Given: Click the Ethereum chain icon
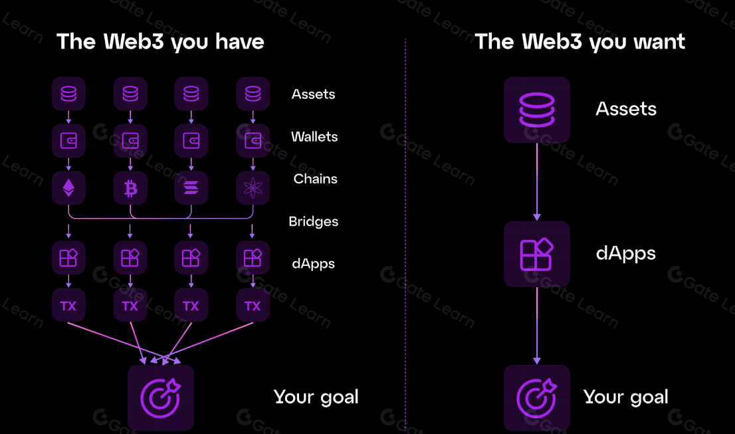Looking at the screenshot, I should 68,189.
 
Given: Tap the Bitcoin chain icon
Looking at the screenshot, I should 130,189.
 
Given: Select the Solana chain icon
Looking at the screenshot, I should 191,189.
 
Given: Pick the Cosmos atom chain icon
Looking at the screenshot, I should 253,189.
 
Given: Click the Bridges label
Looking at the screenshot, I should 313,221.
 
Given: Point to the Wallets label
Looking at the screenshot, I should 314,137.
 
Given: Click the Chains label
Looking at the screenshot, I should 315,179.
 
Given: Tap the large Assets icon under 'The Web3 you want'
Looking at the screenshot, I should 536,110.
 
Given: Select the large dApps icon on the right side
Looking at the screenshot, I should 536,254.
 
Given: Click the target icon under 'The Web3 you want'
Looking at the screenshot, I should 536,397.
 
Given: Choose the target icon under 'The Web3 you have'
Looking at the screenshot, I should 160,397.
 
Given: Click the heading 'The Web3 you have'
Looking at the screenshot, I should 160,42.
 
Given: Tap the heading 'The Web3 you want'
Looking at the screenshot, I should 579,42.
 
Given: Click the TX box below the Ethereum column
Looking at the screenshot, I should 68,306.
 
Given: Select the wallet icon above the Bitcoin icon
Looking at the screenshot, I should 130,141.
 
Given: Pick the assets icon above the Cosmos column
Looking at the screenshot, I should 253,94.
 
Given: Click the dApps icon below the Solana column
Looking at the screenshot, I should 191,257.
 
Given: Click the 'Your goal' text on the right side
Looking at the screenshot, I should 625,397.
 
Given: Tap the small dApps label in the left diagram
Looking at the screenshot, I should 313,264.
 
